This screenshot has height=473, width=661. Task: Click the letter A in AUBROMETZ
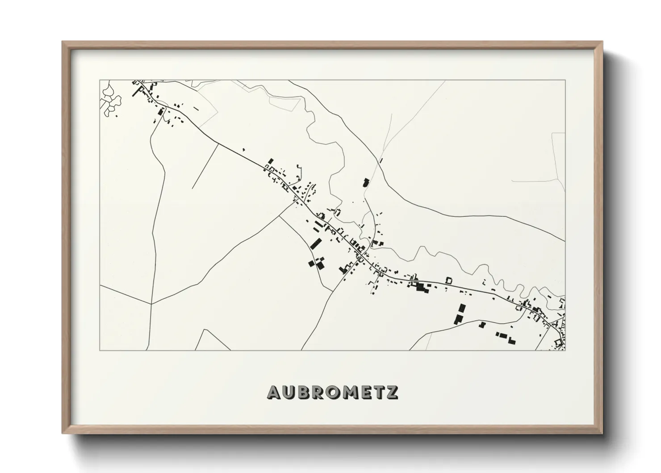(274, 393)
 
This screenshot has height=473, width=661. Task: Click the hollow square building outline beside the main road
(449, 280)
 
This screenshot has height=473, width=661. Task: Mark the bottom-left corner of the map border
(100, 350)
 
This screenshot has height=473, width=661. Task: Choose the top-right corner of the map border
(565, 80)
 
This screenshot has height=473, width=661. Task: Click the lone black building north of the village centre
(365, 182)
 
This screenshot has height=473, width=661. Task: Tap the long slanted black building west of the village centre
(316, 244)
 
